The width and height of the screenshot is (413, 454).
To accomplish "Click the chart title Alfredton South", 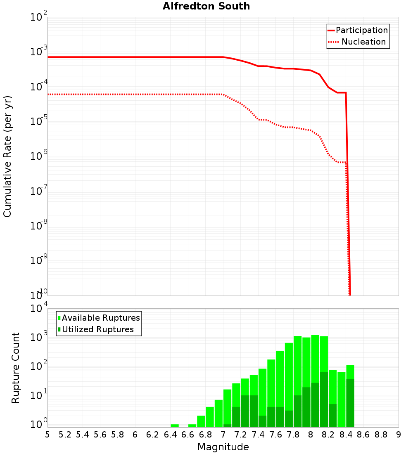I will (206, 6).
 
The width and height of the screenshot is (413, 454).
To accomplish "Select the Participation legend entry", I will (361, 31).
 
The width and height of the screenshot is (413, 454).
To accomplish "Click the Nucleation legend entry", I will (363, 42).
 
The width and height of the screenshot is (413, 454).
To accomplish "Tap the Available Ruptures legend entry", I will (101, 318).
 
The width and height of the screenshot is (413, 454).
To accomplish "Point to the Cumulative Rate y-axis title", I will (7, 156).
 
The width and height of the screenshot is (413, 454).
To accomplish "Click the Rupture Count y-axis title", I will (16, 367).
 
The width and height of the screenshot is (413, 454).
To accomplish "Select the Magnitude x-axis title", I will (223, 447).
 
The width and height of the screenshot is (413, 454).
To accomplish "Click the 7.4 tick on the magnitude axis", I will (258, 434).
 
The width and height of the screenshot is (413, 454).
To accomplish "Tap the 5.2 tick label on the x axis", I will (65, 434).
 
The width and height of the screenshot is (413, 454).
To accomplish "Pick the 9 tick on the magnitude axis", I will (399, 434).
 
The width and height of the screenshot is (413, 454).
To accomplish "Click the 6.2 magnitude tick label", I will (153, 434).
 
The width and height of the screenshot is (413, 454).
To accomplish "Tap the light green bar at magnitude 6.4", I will (175, 426).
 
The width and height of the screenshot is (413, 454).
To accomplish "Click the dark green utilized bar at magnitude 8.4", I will (350, 403).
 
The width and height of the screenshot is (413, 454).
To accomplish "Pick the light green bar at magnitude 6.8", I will (210, 417).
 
